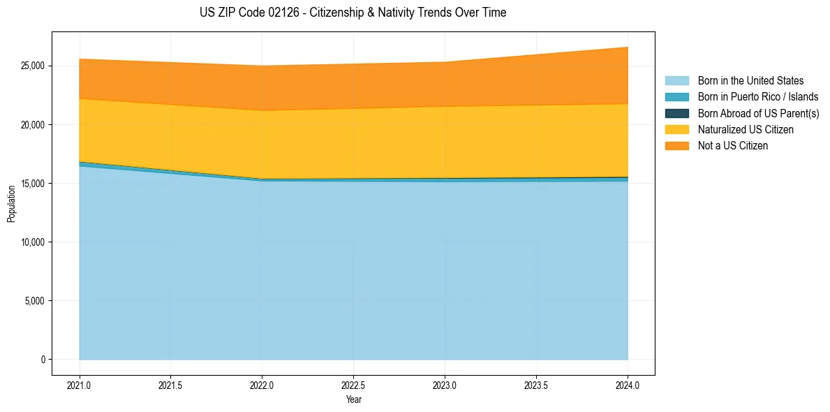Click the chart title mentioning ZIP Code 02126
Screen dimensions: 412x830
coord(353,13)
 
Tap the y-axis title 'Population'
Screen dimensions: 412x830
coord(11,204)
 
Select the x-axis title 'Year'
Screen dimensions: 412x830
coord(353,399)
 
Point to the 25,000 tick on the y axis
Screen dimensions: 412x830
coord(32,66)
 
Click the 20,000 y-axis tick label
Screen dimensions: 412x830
coord(32,124)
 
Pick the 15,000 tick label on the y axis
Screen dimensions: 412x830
coord(32,183)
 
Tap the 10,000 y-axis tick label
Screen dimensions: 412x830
coord(32,242)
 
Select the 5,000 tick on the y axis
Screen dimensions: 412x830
coord(34,301)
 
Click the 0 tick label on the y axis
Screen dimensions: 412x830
coord(43,360)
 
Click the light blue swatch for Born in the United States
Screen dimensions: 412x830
coord(676,81)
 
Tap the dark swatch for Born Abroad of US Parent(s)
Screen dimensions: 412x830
coord(676,113)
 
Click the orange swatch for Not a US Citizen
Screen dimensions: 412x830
coord(676,145)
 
